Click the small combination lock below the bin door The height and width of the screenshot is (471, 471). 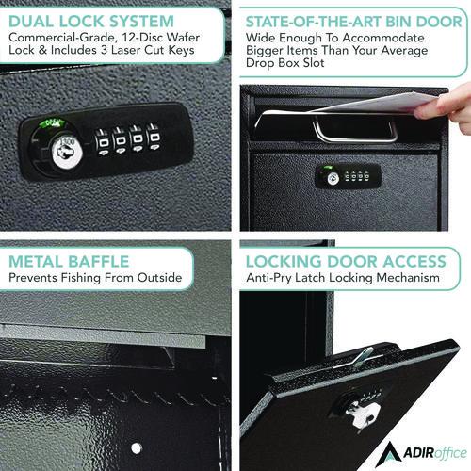click(x=349, y=175)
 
